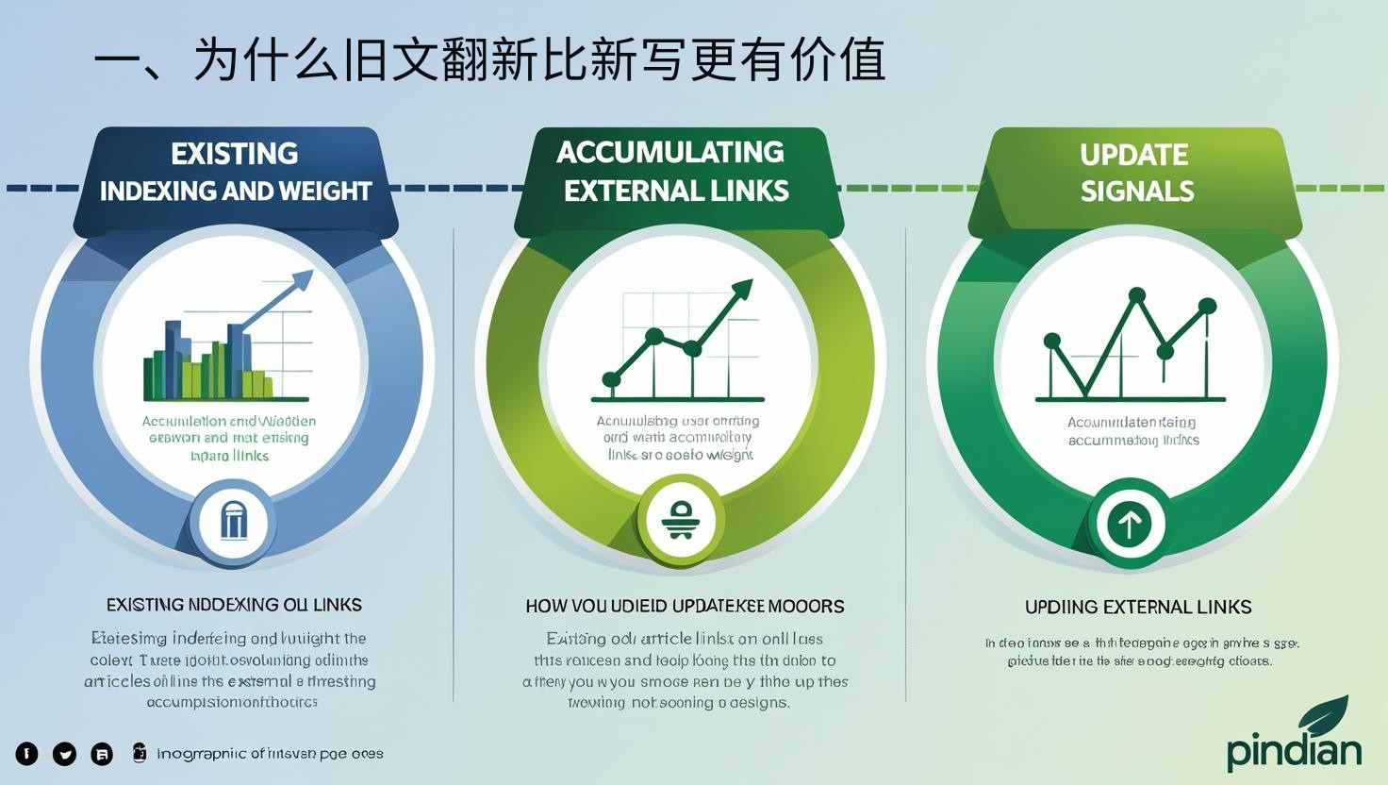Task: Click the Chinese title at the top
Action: tap(490, 59)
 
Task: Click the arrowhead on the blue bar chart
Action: tap(304, 279)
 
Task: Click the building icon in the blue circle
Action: tap(233, 520)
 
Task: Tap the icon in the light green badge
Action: tap(679, 520)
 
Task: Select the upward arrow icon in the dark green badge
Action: tap(1130, 522)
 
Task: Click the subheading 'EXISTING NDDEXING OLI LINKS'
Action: tap(234, 605)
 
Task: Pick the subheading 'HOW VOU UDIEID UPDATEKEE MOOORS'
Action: tap(685, 606)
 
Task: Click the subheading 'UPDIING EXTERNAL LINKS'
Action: tap(1138, 607)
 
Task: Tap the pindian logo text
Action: tap(1294, 751)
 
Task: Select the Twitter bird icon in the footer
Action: tap(64, 754)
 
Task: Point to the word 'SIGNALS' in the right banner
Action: tap(1137, 192)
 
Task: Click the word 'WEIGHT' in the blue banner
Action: tap(327, 192)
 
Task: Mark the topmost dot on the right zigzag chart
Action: tap(1137, 295)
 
